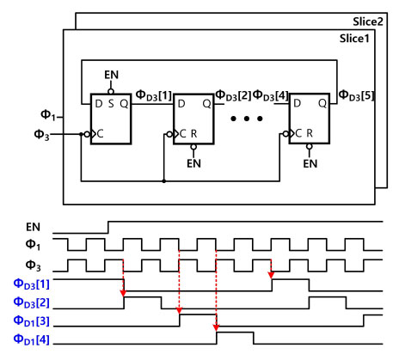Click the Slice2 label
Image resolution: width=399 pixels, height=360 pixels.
[x=368, y=21]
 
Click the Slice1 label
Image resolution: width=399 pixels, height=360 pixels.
[x=354, y=39]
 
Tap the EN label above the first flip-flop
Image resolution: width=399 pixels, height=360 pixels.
[x=111, y=75]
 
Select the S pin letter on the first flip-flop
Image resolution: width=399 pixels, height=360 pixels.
[x=111, y=104]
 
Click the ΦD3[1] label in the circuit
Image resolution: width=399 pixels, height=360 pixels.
[x=153, y=95]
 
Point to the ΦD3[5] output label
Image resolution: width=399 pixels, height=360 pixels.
[x=356, y=95]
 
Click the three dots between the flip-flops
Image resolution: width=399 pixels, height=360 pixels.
[x=247, y=119]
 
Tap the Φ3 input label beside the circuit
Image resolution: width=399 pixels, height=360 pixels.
[x=41, y=134]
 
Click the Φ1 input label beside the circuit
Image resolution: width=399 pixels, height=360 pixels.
[x=48, y=115]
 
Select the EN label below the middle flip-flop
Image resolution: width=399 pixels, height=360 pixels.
[x=193, y=163]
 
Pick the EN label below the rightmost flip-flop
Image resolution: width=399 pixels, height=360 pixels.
[x=310, y=163]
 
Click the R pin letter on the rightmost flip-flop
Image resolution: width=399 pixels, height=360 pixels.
[x=310, y=133]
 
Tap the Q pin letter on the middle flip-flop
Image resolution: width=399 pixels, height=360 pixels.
[x=206, y=104]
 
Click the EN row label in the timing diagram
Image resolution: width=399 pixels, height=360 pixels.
[x=33, y=227]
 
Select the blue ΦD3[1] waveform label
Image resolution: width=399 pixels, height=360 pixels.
[x=32, y=284]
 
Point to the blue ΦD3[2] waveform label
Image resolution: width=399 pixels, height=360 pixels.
[x=32, y=302]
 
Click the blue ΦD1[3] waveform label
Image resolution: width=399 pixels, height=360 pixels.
[x=32, y=321]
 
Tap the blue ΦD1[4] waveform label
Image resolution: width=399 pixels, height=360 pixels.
[x=32, y=340]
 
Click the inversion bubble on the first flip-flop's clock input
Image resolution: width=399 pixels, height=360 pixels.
[x=87, y=134]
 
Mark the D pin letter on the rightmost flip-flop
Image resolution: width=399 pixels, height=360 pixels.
[x=298, y=103]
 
